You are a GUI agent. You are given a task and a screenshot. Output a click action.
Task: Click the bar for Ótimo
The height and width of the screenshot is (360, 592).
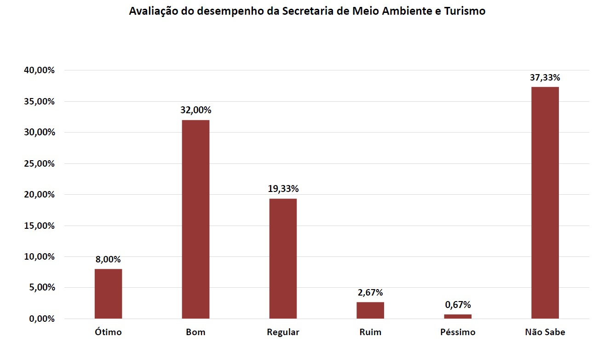tap(108, 294)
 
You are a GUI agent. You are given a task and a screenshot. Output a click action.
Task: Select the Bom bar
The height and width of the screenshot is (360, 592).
tap(195, 219)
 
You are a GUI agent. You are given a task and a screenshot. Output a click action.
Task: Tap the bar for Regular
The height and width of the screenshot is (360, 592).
tap(283, 258)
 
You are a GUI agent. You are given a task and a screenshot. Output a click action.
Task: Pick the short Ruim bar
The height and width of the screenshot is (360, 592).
tap(370, 310)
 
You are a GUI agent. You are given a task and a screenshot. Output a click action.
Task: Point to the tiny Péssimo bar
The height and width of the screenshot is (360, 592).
tap(458, 316)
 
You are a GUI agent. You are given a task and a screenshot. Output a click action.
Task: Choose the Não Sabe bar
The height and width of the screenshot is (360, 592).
tap(545, 203)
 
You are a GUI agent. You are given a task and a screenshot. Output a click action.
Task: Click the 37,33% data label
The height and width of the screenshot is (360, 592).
tap(545, 77)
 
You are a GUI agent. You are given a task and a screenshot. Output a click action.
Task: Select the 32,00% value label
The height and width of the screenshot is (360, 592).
tap(196, 110)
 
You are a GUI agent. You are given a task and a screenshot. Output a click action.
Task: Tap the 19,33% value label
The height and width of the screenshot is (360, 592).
tap(283, 189)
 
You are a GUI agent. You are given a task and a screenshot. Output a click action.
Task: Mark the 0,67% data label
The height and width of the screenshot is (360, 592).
tap(458, 305)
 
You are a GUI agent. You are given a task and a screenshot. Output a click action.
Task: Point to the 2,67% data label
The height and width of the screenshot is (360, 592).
tap(370, 292)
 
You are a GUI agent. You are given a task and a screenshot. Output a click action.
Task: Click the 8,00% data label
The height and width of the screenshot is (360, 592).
tap(108, 259)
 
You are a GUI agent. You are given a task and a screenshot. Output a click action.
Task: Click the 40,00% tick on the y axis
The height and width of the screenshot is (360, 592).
tap(39, 70)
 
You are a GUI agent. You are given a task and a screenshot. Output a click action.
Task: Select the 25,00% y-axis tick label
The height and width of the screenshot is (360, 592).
tap(39, 163)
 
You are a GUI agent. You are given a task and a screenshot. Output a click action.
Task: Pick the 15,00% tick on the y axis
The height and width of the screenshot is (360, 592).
tap(39, 226)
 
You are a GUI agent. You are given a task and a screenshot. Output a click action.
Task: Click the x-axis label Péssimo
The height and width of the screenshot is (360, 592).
tap(458, 332)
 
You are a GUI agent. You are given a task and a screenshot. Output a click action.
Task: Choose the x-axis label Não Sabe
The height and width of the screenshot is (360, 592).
tap(545, 332)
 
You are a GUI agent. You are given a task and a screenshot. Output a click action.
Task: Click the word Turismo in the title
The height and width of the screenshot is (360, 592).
tap(465, 11)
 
